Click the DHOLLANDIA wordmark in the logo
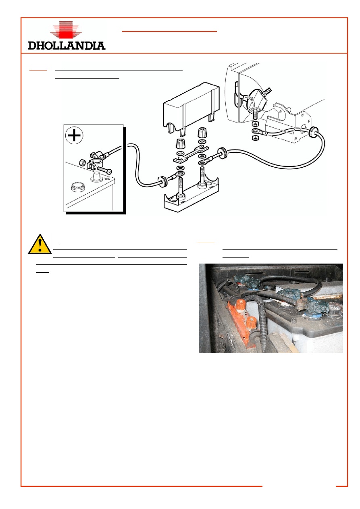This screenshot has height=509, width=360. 67,46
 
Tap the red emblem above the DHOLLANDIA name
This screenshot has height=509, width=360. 66,30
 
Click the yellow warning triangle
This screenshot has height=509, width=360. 40,244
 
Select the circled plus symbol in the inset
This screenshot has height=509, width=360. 74,135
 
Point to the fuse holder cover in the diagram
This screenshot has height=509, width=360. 191,109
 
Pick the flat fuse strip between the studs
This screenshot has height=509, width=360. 191,154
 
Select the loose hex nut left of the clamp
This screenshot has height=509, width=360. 82,163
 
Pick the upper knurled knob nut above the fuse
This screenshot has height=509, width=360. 201,133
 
